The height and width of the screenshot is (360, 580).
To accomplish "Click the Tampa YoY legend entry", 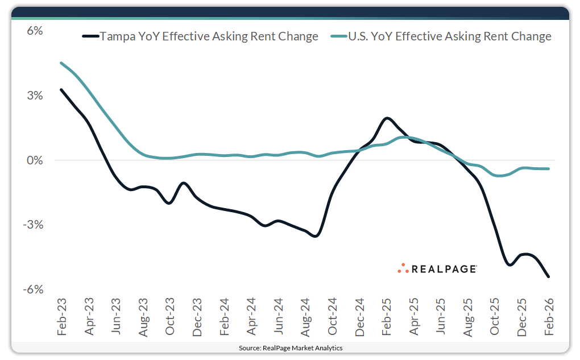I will (x=200, y=37).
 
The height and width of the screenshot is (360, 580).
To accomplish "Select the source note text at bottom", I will (x=290, y=347).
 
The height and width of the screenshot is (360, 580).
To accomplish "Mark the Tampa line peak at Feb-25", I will (x=387, y=118).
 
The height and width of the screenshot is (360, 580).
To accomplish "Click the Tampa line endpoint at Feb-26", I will (x=549, y=277).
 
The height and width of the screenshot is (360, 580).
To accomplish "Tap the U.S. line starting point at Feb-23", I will (x=61, y=63).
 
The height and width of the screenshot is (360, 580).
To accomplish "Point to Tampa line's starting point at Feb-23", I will (x=61, y=89).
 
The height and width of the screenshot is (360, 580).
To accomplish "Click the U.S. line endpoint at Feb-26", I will (x=549, y=169).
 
